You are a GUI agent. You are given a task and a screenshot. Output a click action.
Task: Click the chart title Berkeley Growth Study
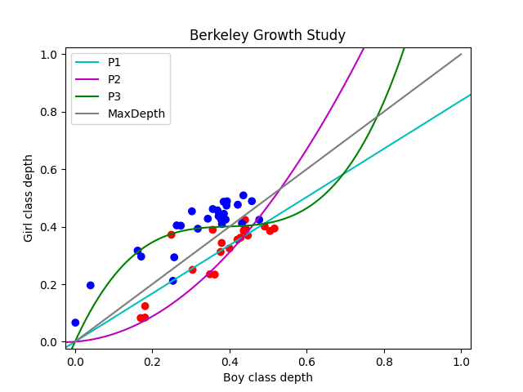click(267, 35)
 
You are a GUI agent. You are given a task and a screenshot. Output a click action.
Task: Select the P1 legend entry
click(114, 62)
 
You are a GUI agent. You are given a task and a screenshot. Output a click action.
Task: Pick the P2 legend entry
click(114, 79)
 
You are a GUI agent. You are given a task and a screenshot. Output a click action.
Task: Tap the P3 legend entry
click(114, 96)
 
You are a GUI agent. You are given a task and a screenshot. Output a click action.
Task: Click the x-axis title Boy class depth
click(267, 377)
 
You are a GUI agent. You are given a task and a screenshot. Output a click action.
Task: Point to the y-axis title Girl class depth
click(29, 198)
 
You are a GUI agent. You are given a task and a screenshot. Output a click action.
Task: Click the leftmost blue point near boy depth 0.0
click(75, 323)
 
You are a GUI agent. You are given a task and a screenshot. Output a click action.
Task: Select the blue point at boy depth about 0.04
click(90, 285)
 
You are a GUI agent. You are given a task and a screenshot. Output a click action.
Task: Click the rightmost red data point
click(275, 229)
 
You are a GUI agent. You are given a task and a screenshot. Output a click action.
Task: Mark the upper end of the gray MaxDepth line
click(461, 55)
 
